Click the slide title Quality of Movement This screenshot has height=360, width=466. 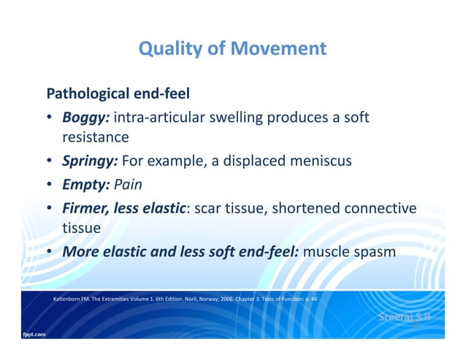pos(232,49)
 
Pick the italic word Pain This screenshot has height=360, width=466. pos(129,185)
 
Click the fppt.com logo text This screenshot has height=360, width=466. pos(31,334)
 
